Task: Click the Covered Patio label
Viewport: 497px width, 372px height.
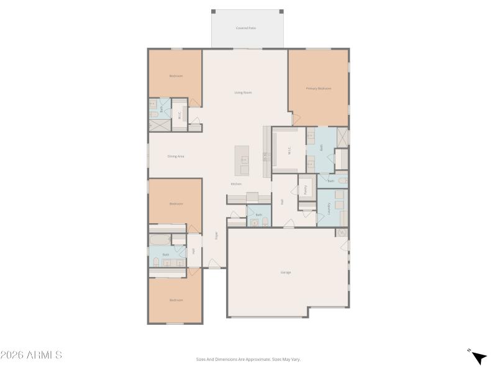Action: coord(246,28)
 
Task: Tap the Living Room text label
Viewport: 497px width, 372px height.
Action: coord(243,92)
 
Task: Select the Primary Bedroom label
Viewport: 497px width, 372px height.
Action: coord(318,89)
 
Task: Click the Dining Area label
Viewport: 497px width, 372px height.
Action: coord(176,156)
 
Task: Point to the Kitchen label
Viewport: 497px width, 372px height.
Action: coord(236,184)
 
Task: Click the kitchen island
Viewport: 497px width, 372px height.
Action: coord(242,161)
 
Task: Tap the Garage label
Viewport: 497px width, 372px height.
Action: coord(286,272)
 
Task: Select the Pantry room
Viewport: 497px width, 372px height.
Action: coord(306,190)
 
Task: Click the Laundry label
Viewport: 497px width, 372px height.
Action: coord(329,208)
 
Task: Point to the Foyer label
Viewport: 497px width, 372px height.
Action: coord(216,236)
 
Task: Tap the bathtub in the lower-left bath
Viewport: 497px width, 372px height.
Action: coord(166,240)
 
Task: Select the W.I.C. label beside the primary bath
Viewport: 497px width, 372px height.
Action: coord(290,150)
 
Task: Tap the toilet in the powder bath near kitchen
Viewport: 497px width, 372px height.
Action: coord(265,221)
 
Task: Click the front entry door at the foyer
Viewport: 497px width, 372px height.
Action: coord(214,267)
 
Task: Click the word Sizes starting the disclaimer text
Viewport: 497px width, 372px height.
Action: coord(201,359)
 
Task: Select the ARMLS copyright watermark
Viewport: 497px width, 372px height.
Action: coord(31,355)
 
